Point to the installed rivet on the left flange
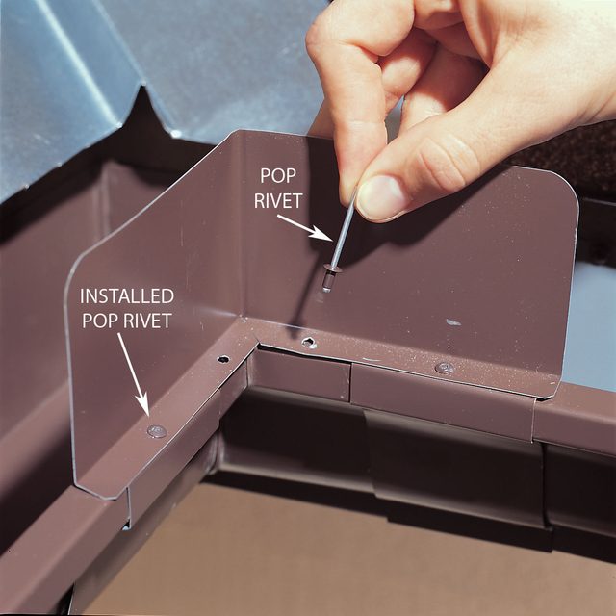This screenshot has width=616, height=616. [156, 430]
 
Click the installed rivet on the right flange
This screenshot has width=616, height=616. [444, 368]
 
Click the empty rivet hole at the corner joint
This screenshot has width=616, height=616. [307, 342]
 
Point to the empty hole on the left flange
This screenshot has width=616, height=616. [223, 359]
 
